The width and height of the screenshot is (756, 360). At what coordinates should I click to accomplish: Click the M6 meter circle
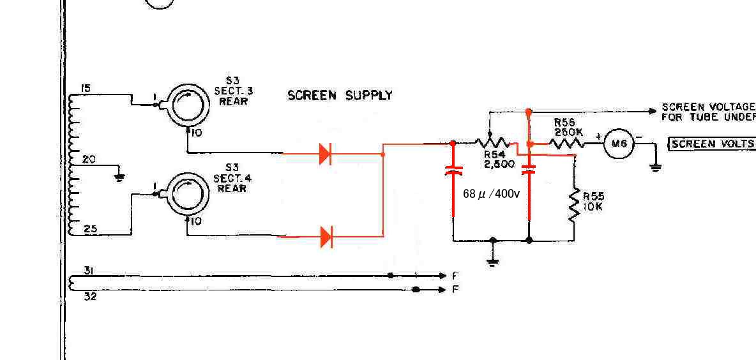(x=619, y=144)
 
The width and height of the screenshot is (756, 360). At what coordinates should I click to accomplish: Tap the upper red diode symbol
(x=325, y=153)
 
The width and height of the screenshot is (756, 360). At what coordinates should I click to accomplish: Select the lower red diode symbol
(x=326, y=237)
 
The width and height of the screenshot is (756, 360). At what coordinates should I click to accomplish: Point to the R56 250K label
(x=568, y=126)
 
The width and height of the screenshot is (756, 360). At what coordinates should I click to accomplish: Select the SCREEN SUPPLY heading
(x=340, y=96)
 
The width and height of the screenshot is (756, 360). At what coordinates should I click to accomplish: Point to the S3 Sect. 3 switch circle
(x=185, y=105)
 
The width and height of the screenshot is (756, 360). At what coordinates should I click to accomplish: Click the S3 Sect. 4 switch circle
(x=185, y=194)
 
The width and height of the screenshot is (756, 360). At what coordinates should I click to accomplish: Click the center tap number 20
(x=89, y=160)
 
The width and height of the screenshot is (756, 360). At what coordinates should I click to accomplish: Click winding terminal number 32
(x=90, y=296)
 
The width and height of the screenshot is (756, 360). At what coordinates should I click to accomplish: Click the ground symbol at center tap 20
(x=118, y=176)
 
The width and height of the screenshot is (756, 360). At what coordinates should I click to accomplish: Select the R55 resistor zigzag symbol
(x=574, y=203)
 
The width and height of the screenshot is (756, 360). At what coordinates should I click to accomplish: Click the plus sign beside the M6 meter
(x=598, y=135)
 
